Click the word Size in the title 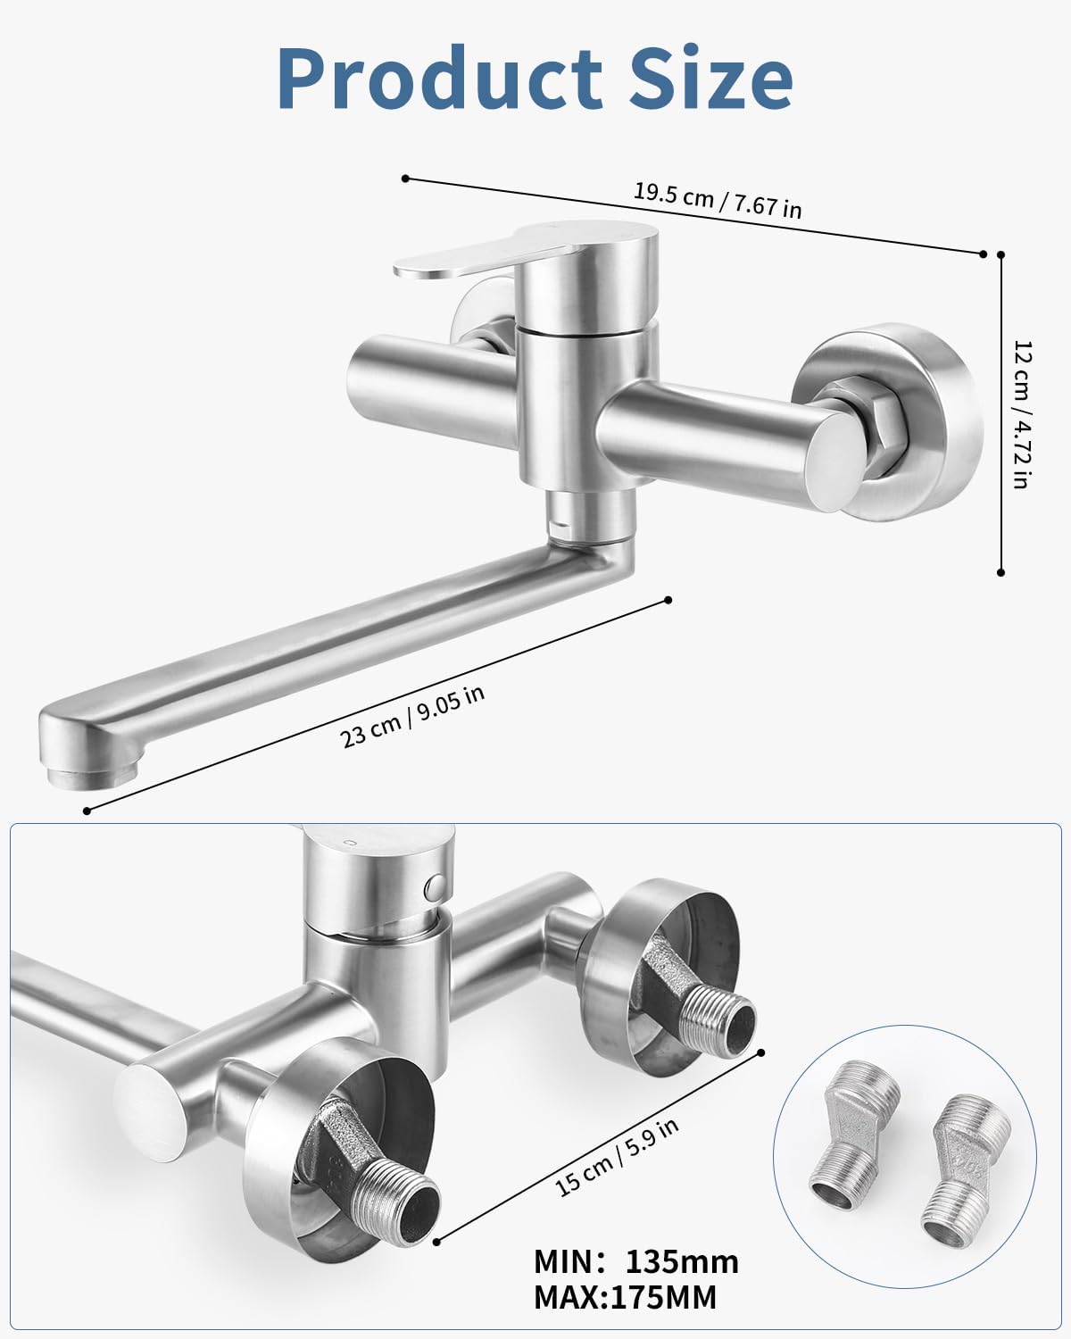(x=711, y=79)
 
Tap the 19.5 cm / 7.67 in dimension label (x=718, y=200)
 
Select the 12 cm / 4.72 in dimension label (x=1023, y=414)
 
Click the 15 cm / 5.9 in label (x=616, y=1158)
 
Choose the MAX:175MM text (x=625, y=1297)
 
